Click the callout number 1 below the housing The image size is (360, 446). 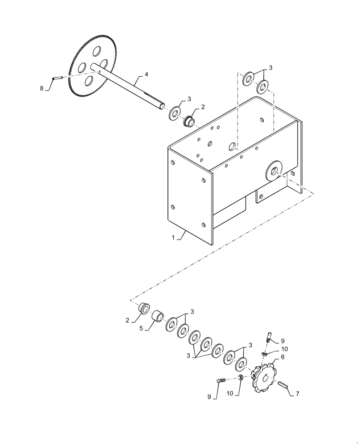click(x=173, y=238)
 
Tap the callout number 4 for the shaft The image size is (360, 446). click(x=146, y=74)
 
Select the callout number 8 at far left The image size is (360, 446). click(x=42, y=88)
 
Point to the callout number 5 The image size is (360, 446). click(x=141, y=328)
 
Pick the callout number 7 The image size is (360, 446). click(x=298, y=394)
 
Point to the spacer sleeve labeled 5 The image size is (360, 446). click(x=158, y=317)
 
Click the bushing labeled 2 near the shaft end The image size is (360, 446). click(x=190, y=120)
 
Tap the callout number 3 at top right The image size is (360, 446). click(x=271, y=68)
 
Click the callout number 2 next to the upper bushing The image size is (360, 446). click(x=203, y=107)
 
